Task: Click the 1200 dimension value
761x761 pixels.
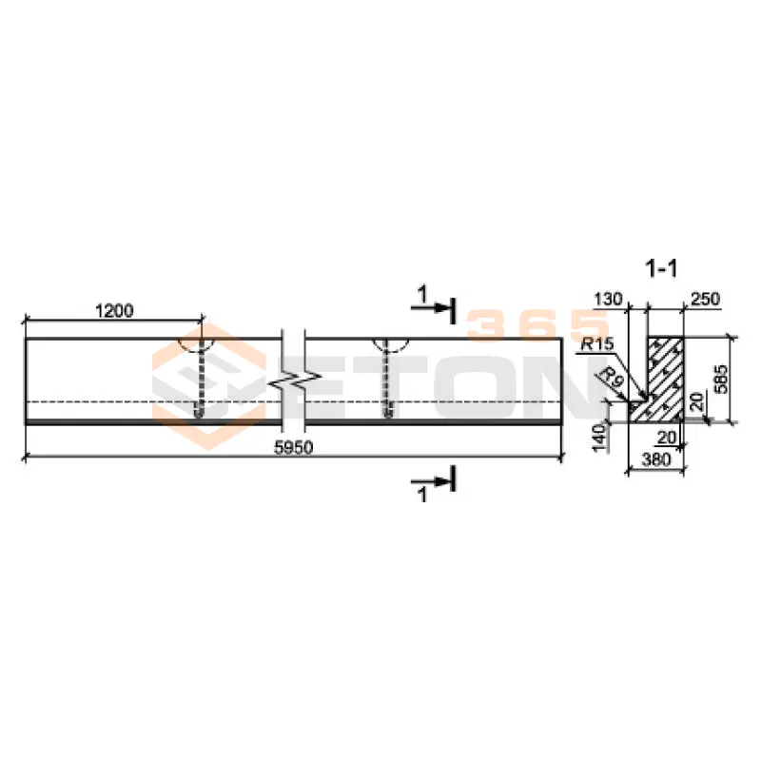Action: pos(114,311)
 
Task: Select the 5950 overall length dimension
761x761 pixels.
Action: pos(294,447)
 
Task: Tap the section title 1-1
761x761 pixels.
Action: pos(661,269)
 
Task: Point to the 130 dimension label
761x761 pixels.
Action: pos(608,299)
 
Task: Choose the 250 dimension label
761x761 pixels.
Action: pos(705,299)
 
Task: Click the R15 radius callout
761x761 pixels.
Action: pos(597,344)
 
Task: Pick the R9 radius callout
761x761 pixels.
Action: pos(613,377)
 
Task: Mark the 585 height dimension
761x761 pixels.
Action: pos(721,379)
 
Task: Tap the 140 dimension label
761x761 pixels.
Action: pos(601,438)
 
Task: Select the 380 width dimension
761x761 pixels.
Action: pos(656,459)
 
